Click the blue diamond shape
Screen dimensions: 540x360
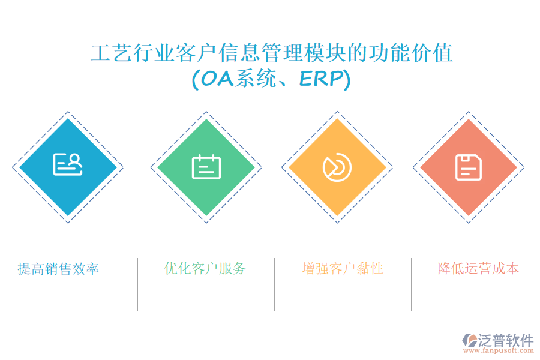pos(68,167)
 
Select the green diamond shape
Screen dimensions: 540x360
pos(206,167)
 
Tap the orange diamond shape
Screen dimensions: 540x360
pos(337,167)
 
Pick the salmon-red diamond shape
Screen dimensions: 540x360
pos(469,167)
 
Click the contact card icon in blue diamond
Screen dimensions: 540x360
pos(68,164)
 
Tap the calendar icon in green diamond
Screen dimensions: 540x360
pos(206,167)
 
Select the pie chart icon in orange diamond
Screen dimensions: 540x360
pos(337,167)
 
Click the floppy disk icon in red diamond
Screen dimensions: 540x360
pos(469,167)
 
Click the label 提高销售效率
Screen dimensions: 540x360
pos(58,269)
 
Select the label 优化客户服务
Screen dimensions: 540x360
pos(205,269)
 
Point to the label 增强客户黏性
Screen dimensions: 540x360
pos(343,269)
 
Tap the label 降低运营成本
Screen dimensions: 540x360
pos(478,269)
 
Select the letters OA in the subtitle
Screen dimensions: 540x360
pos(217,79)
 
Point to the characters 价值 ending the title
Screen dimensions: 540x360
pos(432,53)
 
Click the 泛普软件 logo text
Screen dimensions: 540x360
pos(506,340)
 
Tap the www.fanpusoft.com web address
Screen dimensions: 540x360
pos(499,350)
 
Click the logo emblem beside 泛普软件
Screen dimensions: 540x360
pos(470,340)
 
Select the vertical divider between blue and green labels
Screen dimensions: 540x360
pos(137,284)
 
